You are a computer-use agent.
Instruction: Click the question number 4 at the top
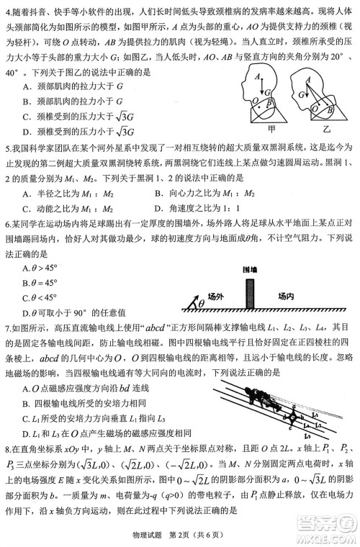pyautogui.click(x=6, y=7)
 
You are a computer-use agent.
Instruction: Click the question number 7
pyautogui.click(x=6, y=326)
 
